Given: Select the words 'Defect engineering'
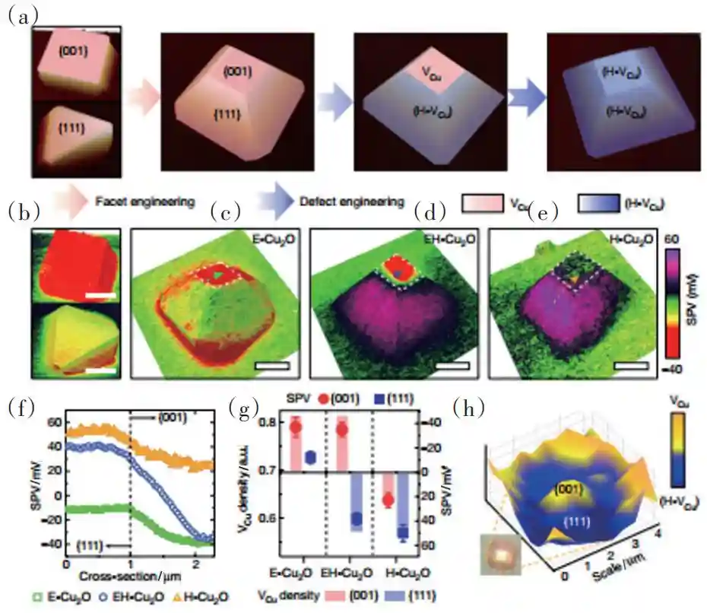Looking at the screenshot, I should (350, 202).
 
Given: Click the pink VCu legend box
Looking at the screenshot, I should (481, 202).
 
